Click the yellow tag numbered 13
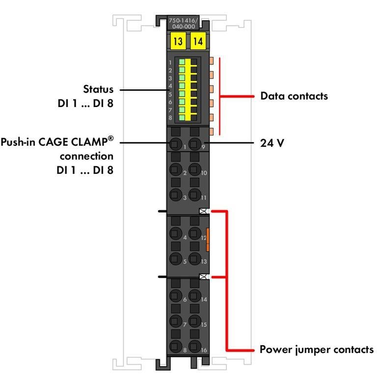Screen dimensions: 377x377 177,41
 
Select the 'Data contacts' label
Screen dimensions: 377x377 294,96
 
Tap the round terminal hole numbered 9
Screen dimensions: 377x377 194,144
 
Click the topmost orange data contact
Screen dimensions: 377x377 212,61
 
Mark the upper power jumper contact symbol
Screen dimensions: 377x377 203,212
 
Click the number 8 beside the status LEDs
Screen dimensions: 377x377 170,118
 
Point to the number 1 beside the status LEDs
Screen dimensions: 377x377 170,63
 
